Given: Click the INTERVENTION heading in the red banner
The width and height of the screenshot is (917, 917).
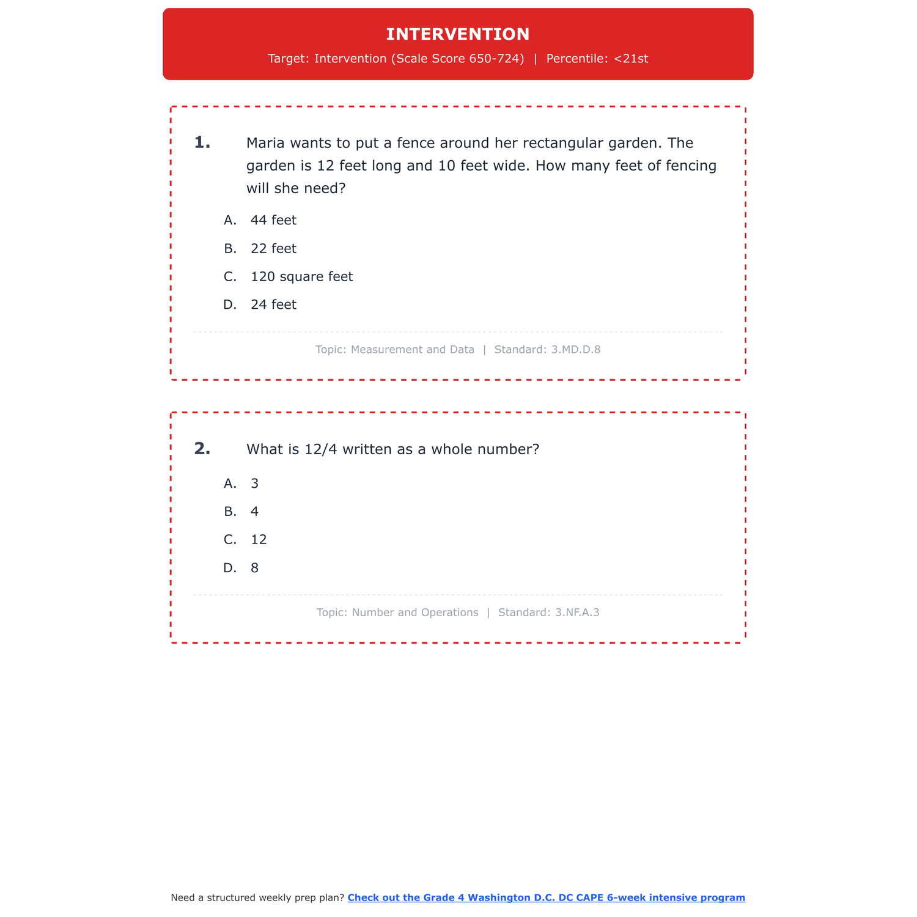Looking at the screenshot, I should click(458, 34).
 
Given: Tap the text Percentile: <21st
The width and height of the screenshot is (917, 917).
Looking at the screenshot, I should click(597, 59).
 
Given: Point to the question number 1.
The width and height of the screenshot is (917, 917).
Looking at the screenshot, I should click(202, 143).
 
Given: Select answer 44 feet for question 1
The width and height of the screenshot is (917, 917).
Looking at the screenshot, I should click(273, 220).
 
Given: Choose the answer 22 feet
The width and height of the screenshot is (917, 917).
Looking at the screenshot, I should click(273, 249).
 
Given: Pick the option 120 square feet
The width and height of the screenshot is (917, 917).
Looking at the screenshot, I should click(301, 277).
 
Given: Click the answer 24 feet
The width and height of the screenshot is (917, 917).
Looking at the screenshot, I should click(273, 305).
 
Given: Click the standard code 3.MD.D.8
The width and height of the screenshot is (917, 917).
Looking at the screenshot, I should click(576, 350).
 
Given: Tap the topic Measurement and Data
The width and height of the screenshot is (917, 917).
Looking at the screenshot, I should click(413, 350).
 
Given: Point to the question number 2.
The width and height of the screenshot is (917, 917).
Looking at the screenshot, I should click(202, 449).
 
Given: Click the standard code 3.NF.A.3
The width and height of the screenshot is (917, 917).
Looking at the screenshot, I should click(577, 613).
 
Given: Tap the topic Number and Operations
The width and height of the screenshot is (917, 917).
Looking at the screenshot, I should click(415, 613).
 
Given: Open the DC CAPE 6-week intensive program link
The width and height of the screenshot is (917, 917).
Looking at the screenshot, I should click(546, 897).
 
